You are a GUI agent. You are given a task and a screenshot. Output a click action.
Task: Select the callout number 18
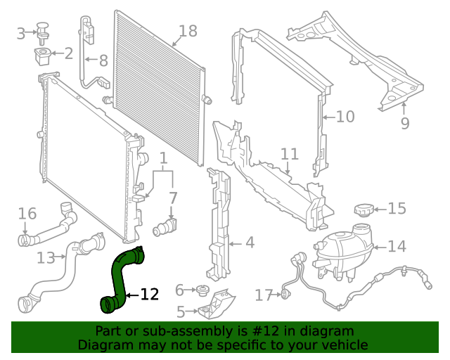coord(188,31)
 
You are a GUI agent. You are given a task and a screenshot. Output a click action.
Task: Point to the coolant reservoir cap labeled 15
coord(363,210)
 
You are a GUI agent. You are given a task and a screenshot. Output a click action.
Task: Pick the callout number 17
coord(264,296)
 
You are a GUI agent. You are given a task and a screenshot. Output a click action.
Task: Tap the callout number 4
coord(250,244)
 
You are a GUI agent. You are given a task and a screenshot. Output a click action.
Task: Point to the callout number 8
coord(103,60)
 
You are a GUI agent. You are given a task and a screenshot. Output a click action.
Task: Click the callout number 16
coord(27,213)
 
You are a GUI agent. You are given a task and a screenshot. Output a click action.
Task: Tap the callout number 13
coord(46,258)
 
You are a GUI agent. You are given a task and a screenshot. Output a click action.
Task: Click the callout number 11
coord(290,154)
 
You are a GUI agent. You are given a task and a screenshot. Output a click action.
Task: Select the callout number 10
coord(345,116)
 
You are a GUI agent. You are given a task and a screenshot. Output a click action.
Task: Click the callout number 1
coord(162,157)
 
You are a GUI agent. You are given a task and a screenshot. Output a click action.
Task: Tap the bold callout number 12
coord(150,295)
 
